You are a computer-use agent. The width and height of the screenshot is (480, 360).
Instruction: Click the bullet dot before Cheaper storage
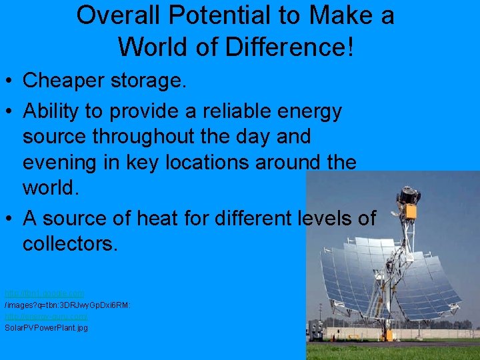click(x=9, y=81)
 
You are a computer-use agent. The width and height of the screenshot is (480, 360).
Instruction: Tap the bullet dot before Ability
click(x=9, y=111)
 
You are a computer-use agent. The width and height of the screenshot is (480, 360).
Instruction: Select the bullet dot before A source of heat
click(x=9, y=219)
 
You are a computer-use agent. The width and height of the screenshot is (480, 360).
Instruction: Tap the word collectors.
click(x=70, y=243)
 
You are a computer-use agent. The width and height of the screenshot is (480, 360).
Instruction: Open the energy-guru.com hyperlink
click(x=46, y=316)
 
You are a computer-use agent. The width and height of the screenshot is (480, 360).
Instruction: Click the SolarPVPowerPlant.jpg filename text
click(x=46, y=327)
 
